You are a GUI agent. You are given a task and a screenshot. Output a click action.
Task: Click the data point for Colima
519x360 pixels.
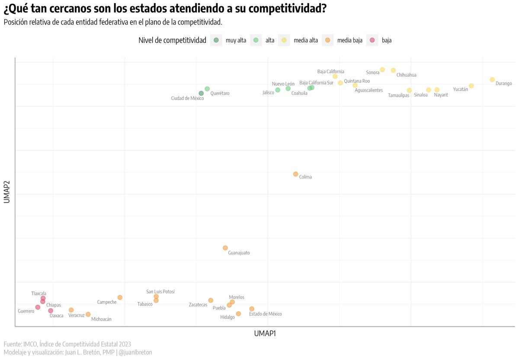tap(295, 174)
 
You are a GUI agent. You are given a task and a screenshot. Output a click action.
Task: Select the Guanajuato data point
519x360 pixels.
tap(225, 248)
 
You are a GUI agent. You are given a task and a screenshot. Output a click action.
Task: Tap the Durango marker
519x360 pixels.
tap(492, 80)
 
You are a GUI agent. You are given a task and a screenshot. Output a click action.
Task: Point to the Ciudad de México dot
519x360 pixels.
tap(201, 93)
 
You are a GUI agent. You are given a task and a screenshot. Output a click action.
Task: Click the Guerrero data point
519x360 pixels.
tap(38, 307)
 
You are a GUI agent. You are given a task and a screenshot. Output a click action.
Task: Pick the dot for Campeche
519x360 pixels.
tap(120, 297)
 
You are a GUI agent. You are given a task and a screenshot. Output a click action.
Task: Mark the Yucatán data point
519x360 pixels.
tap(471, 86)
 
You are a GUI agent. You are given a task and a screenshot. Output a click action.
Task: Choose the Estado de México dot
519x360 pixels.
tap(252, 309)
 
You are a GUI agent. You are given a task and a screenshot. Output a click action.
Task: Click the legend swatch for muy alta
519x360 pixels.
tap(216, 40)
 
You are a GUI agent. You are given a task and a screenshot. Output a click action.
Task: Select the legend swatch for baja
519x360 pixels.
tap(372, 40)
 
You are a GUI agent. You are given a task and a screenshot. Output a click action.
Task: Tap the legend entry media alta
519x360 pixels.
tap(305, 41)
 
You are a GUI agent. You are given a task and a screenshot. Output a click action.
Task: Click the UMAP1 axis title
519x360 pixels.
tap(265, 334)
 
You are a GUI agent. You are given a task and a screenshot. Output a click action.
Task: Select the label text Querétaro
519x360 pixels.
tap(220, 93)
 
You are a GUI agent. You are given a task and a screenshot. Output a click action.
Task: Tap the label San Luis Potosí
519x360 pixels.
tap(160, 292)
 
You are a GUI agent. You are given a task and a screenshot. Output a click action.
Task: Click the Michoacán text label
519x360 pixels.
tap(101, 319)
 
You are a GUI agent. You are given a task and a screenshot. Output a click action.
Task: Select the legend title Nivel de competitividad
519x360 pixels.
tap(172, 41)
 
